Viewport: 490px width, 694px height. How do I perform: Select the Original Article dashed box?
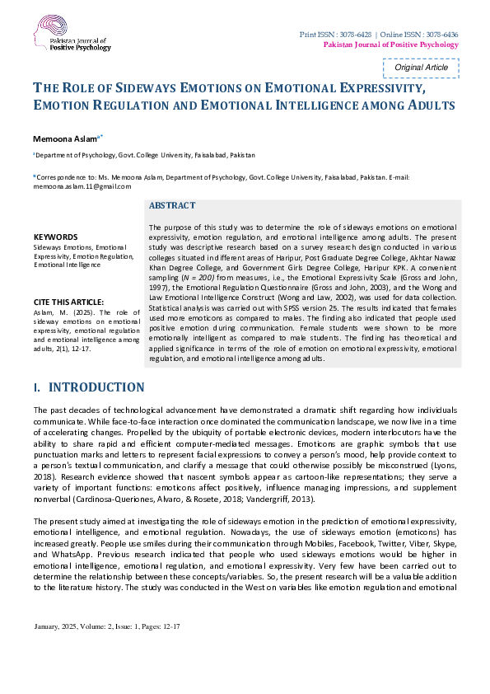click(421, 68)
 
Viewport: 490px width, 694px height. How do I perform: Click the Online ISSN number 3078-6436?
click(441, 34)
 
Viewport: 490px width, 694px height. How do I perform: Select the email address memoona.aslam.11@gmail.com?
click(83, 186)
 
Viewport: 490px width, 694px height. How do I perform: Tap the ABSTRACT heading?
click(172, 205)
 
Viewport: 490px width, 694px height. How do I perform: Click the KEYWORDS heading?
click(55, 237)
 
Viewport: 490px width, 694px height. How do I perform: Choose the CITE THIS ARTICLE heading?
click(68, 302)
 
